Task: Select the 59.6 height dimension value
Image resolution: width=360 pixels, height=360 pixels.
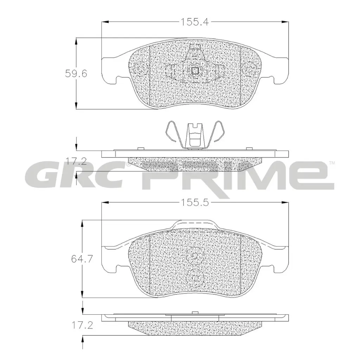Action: click(x=76, y=73)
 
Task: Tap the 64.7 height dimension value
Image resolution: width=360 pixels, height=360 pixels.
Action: click(x=82, y=259)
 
